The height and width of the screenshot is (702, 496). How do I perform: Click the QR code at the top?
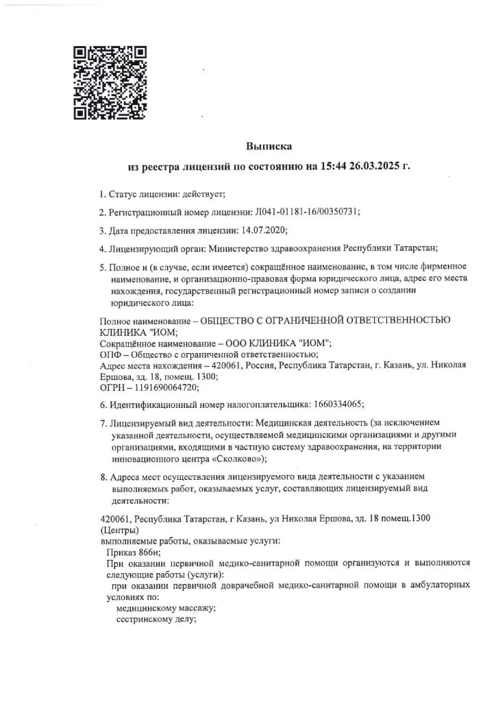pos(110,82)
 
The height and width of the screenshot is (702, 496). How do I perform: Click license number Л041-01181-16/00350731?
pos(306,212)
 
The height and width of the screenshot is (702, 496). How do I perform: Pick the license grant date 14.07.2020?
pos(263,230)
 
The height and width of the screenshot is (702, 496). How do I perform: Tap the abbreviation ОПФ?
pos(111,354)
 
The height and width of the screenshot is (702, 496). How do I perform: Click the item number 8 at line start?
pos(103,476)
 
